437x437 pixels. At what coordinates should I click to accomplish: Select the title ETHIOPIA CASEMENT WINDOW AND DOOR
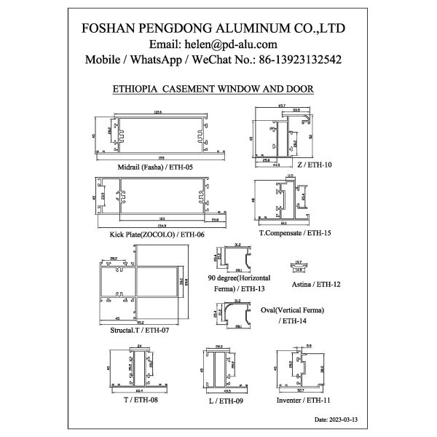(x=213, y=89)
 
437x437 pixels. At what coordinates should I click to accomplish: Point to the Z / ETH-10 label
(x=315, y=165)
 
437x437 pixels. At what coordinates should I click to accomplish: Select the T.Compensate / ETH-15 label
(x=295, y=234)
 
